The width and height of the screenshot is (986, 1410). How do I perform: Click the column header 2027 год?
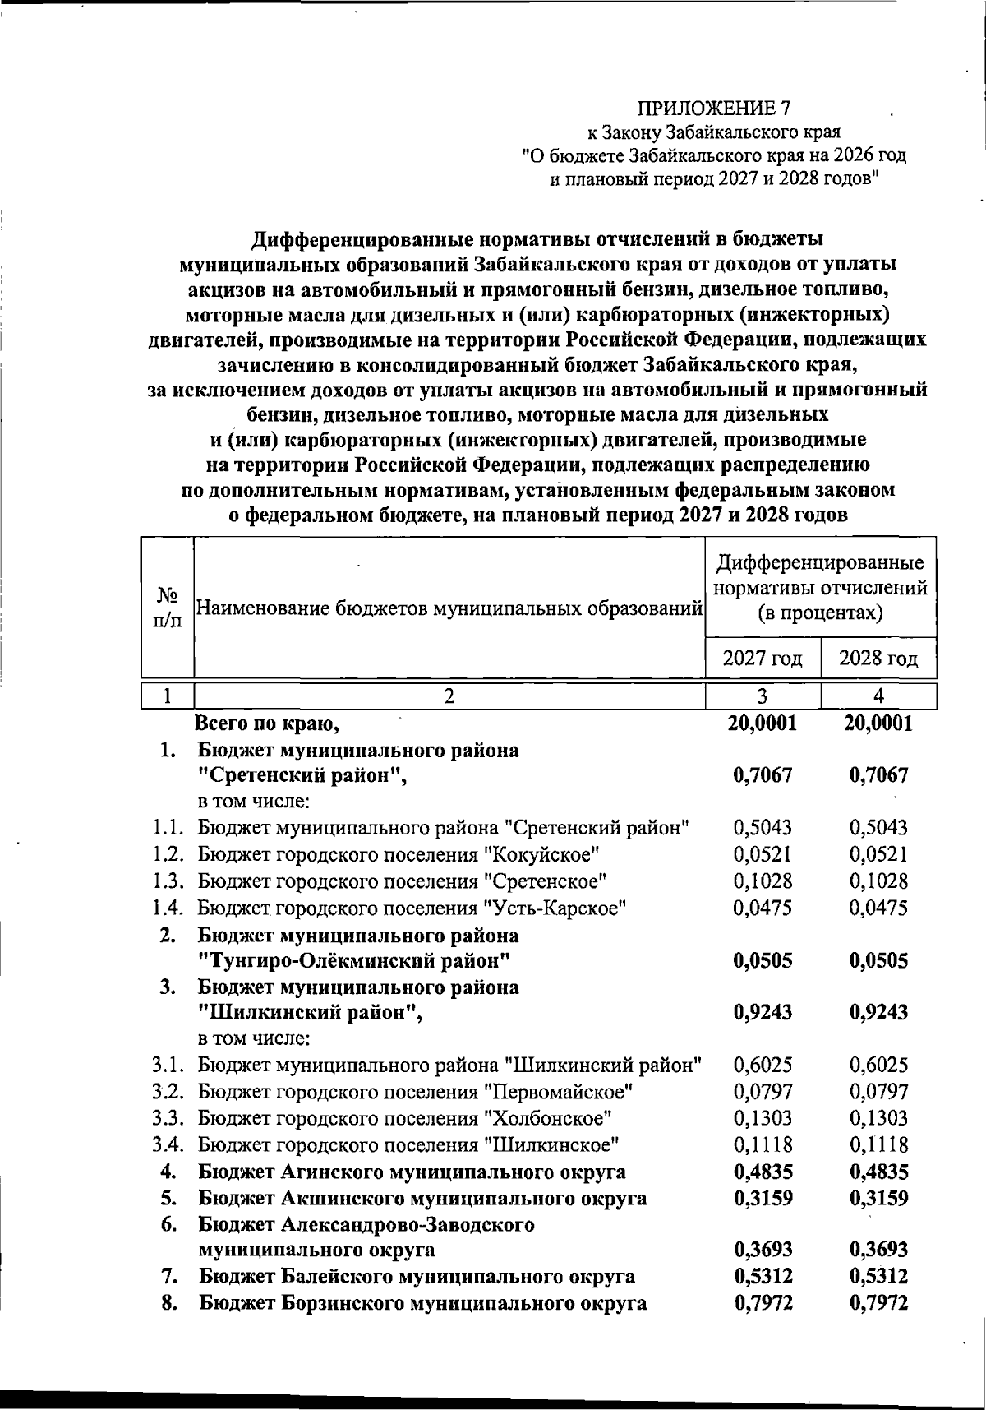pos(762,659)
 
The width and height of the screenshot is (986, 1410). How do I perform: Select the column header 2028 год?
pos(878,659)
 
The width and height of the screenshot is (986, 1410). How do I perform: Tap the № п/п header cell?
pos(168,607)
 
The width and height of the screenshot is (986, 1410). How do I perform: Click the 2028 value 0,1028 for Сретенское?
pos(878,881)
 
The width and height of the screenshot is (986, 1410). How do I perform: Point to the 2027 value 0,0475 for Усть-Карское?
pos(762,908)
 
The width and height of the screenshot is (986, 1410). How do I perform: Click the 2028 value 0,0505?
pos(878,960)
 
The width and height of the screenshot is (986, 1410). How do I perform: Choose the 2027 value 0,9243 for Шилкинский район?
pos(762,1012)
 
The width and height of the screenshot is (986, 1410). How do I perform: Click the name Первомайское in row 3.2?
pos(559,1092)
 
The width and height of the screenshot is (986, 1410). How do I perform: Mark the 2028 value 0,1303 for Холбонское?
pos(878,1118)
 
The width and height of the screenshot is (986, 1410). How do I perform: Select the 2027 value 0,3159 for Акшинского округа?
pos(762,1198)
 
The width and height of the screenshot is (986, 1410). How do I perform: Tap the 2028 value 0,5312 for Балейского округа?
pos(878,1277)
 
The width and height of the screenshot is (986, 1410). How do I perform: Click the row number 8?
pos(170,1303)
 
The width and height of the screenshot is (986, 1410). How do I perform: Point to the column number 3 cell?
pos(762,696)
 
